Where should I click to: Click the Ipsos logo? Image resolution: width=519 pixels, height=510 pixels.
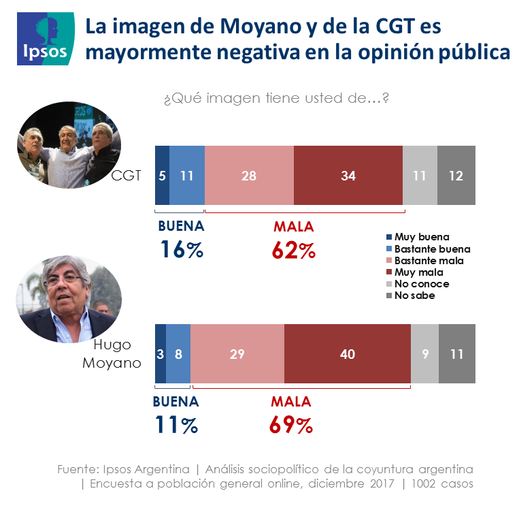[x=46, y=39]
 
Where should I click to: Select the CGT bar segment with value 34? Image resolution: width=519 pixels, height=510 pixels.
[x=348, y=176]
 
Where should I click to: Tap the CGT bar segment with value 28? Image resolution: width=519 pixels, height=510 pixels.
[x=249, y=176]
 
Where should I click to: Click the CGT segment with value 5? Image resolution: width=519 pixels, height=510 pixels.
[x=162, y=176]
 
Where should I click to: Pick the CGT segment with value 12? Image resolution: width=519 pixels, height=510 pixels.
[x=456, y=176]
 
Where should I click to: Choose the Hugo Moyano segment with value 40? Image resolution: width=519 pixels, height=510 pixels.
[x=348, y=354]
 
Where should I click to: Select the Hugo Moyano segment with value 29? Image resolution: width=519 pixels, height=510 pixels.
[x=237, y=354]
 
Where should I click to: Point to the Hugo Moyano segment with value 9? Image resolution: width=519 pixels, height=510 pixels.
[x=424, y=354]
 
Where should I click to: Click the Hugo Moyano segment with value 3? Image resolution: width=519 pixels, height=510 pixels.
[x=161, y=354]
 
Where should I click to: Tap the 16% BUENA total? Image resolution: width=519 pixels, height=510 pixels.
[x=182, y=250]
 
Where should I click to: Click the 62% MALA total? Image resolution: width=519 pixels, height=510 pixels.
[x=294, y=250]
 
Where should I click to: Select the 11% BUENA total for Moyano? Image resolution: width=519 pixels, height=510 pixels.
[x=175, y=425]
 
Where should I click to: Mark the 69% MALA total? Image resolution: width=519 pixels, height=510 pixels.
[x=291, y=425]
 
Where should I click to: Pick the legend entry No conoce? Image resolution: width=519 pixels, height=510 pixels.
[x=417, y=284]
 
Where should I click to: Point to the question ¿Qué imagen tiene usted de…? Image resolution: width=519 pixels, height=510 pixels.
[x=275, y=99]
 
